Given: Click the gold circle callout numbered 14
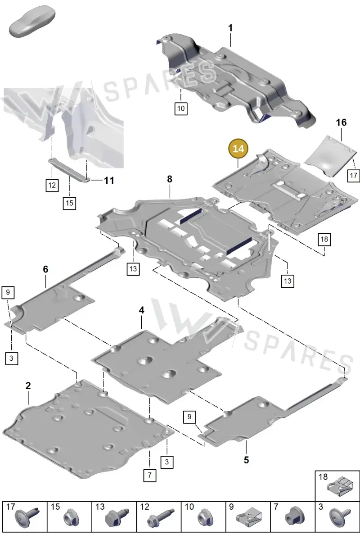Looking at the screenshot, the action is click(238, 149).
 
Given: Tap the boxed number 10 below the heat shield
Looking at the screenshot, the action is click(181, 109).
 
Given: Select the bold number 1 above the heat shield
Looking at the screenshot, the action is click(230, 28).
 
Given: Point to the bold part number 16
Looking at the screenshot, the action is click(341, 122).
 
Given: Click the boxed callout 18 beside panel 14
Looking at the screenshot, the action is click(324, 240).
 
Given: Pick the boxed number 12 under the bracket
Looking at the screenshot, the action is click(52, 185).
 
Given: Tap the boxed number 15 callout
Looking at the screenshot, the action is click(69, 203).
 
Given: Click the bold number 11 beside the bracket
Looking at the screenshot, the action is click(109, 181).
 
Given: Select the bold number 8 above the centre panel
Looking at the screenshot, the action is click(170, 179).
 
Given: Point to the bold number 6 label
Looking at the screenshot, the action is click(45, 269).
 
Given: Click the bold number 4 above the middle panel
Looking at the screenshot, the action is click(141, 310).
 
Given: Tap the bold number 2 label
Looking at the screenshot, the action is click(28, 385).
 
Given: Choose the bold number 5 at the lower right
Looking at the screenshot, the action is click(246, 460).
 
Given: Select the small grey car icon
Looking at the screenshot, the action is click(32, 21).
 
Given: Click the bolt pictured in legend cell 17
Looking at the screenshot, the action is click(27, 518).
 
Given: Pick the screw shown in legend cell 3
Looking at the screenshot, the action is click(340, 518).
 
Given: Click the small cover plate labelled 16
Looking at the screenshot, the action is click(331, 156).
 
